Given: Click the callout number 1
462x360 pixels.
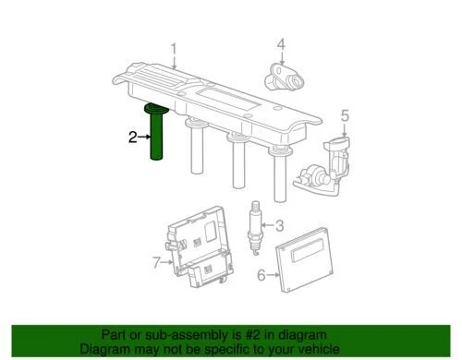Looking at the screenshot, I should pos(173,47).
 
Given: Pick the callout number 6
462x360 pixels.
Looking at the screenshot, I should pos(261,274).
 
